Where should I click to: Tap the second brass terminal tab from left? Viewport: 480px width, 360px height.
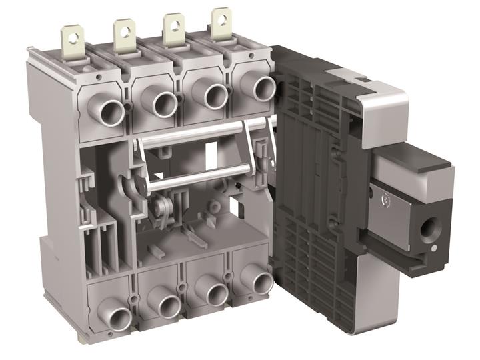(124, 35)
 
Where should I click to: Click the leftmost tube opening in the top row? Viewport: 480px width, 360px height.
(110, 111)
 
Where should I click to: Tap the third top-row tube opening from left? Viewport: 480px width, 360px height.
(215, 95)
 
